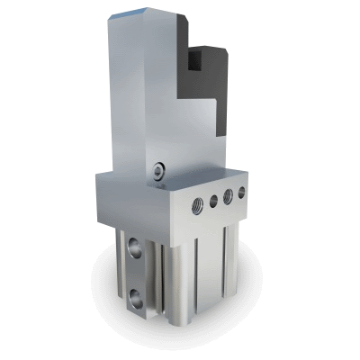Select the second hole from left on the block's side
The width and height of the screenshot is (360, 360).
point(211,199)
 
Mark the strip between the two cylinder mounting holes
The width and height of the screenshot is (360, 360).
point(134,270)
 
